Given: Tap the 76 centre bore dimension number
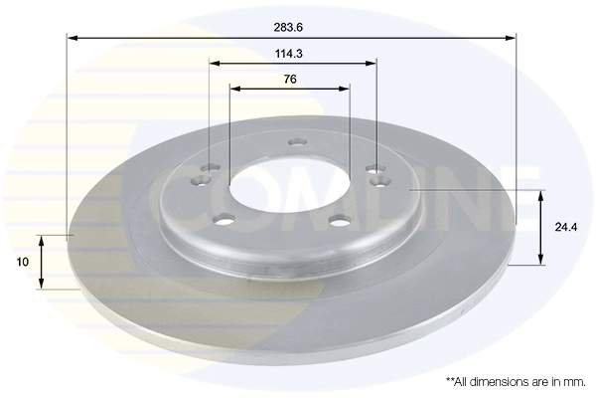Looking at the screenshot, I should tap(290, 78).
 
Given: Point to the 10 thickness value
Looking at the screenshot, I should tap(21, 263).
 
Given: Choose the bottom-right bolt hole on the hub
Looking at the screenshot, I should tap(338, 221).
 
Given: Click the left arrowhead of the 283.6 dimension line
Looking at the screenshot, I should tap(72, 38).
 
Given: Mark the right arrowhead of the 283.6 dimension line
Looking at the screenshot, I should tap(512, 38).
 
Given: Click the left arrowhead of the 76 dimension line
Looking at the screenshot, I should tap(234, 88).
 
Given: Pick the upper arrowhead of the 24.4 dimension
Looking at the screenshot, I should tap(541, 193).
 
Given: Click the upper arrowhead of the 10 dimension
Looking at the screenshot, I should tap(41, 241).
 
